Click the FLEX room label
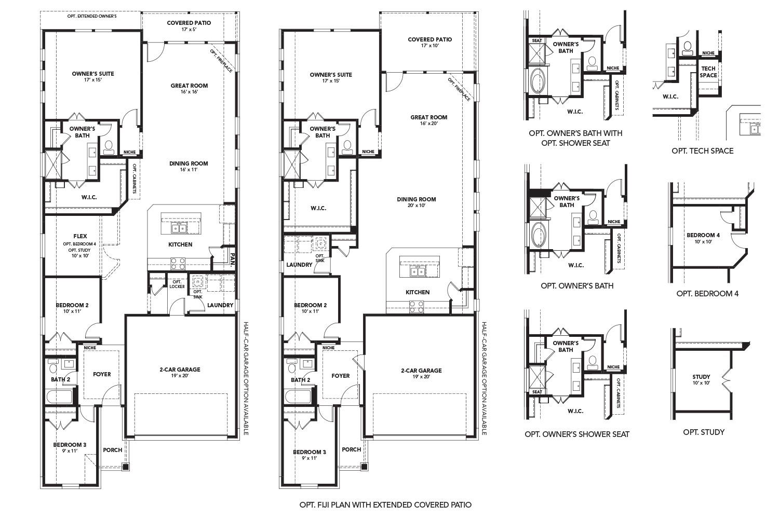[x=80, y=236]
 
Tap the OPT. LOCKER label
[x=177, y=284]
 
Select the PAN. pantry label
[x=233, y=259]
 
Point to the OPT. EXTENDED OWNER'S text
[x=92, y=16]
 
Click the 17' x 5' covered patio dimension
[x=189, y=30]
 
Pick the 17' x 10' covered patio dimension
[x=429, y=46]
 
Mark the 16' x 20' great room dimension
[x=428, y=124]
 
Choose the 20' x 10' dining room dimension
[x=416, y=206]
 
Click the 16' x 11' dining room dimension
[x=189, y=170]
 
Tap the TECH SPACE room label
[x=708, y=72]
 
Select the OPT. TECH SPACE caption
[x=702, y=151]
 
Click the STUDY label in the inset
[x=701, y=377]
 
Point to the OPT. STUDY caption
[x=704, y=432]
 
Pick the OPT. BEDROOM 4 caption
[x=707, y=293]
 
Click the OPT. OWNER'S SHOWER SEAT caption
[x=576, y=434]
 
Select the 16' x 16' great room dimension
[x=189, y=92]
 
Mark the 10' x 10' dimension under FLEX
[x=80, y=255]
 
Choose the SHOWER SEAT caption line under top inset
[x=575, y=143]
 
